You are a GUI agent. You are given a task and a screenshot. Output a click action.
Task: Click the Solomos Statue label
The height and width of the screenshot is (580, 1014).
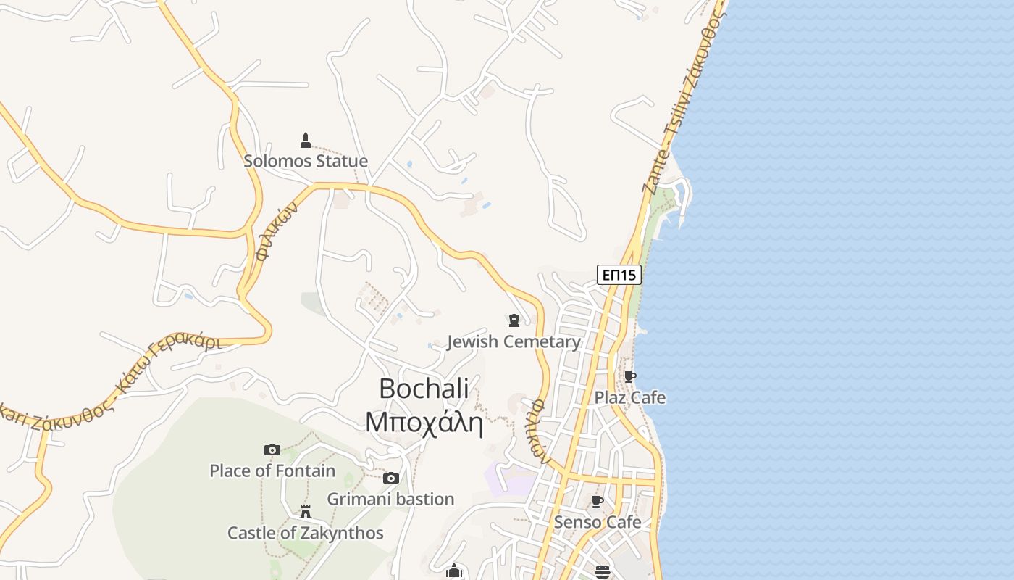click(x=305, y=161)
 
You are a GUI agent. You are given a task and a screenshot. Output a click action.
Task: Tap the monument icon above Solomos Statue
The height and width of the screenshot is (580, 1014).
click(x=306, y=140)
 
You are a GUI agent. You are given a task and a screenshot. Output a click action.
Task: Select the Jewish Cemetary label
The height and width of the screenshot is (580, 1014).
click(x=514, y=341)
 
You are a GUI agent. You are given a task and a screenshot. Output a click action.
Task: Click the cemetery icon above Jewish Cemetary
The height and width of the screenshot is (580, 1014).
click(x=514, y=320)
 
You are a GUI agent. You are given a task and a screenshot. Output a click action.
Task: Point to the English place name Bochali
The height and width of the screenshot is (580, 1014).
click(x=424, y=389)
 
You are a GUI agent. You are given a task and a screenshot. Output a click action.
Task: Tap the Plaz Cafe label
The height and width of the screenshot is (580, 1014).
click(x=629, y=397)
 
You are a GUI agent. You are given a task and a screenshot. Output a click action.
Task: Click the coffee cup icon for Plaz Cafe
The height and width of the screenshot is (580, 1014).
click(x=630, y=376)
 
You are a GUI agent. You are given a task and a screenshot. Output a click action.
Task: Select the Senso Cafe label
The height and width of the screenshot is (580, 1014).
click(x=598, y=522)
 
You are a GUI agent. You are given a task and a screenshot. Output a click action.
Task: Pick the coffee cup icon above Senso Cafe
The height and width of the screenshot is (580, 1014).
click(x=598, y=501)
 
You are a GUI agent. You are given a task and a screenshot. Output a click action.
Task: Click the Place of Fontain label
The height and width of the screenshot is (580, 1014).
click(x=272, y=471)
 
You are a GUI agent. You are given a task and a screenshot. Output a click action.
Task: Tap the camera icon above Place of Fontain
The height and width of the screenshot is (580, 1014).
click(x=272, y=449)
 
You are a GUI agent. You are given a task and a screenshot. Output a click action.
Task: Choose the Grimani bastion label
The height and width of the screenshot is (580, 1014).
click(x=390, y=499)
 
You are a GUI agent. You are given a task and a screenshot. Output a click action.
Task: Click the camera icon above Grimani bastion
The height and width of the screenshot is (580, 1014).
click(x=391, y=478)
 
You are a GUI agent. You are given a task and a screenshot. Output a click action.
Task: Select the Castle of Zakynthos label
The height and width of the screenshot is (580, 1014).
click(x=305, y=533)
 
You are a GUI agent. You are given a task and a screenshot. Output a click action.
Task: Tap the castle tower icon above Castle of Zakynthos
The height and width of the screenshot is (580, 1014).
click(x=306, y=512)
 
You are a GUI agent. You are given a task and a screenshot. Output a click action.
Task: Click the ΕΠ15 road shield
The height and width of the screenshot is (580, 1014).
click(x=619, y=275)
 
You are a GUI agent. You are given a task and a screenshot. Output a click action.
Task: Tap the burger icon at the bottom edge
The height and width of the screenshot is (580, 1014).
click(x=602, y=572)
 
